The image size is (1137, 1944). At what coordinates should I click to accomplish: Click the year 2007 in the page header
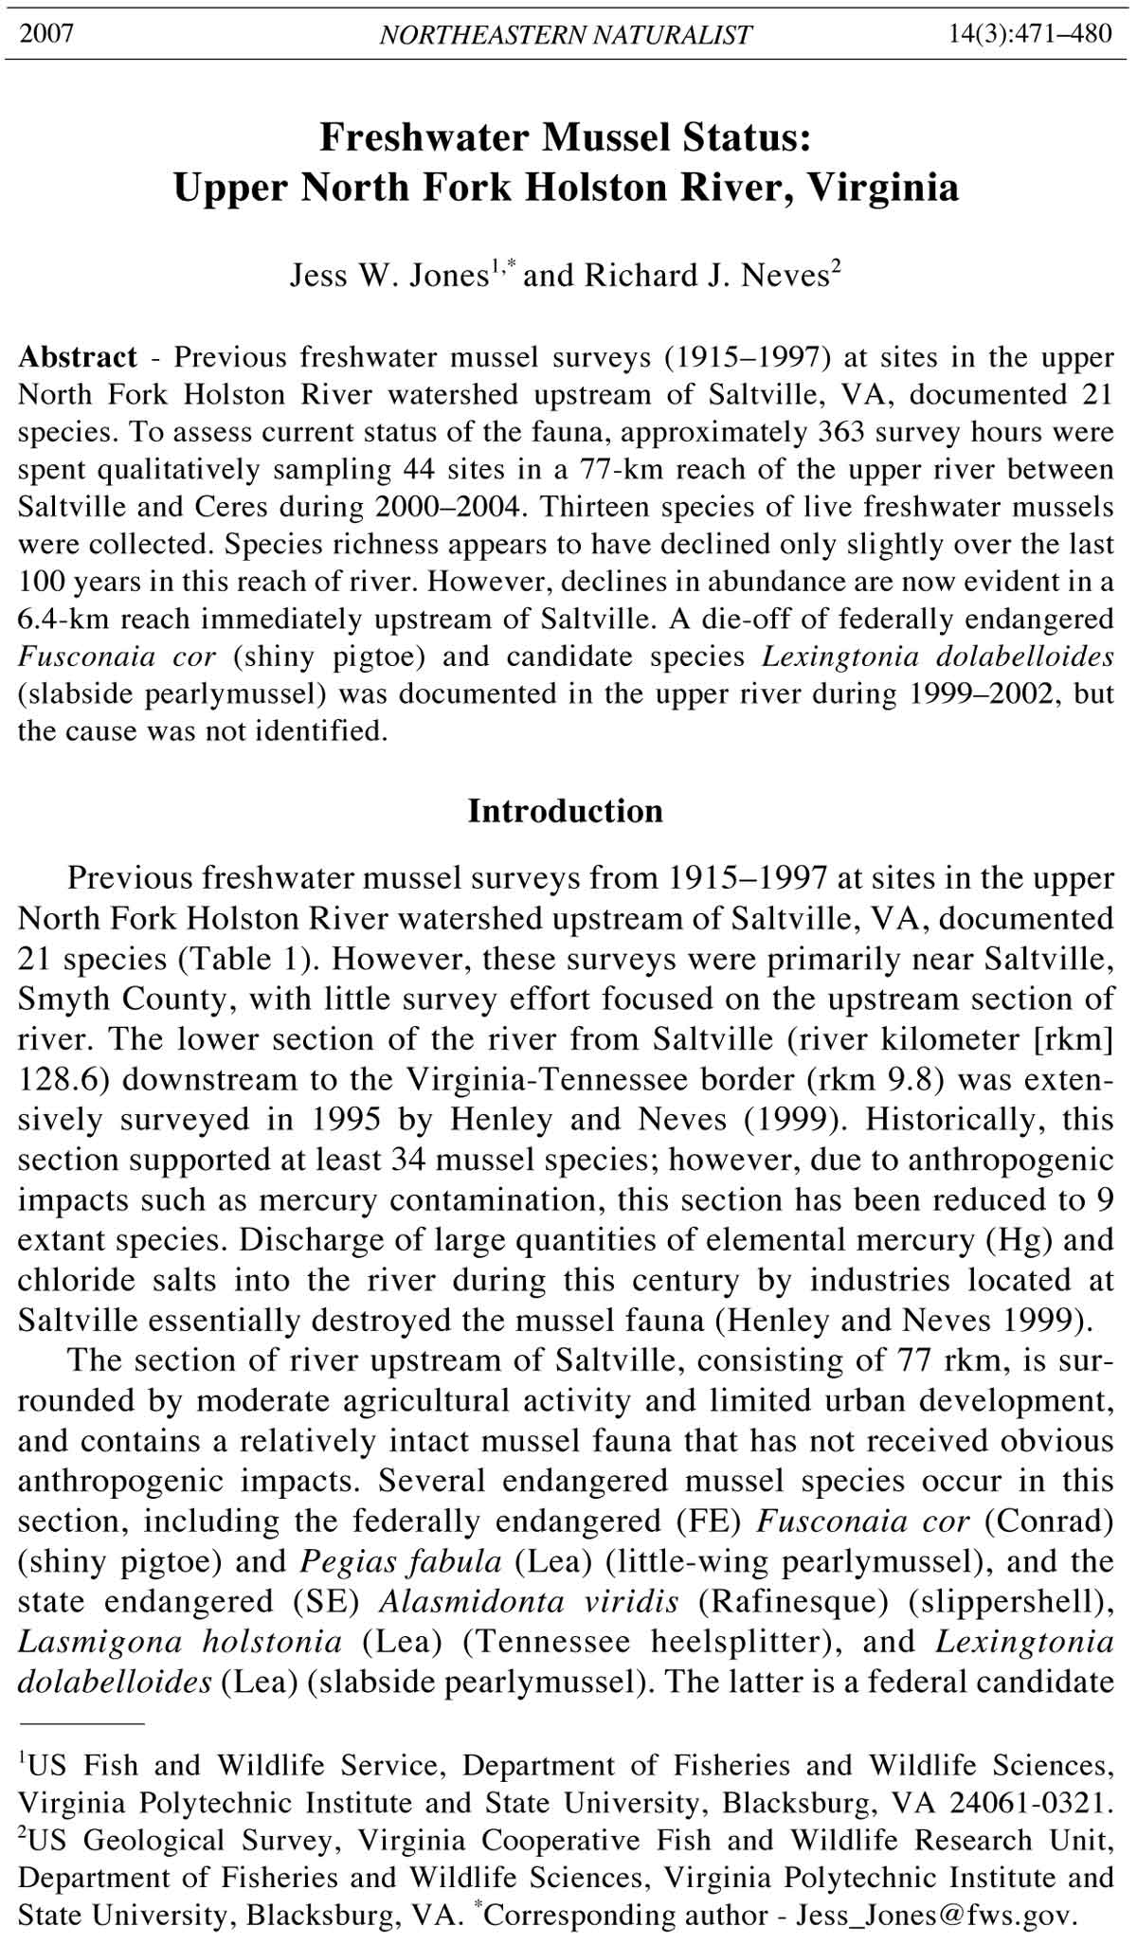click(46, 35)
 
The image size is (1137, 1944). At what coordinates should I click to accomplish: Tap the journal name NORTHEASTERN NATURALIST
click(566, 36)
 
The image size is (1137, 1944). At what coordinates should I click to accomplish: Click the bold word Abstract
click(78, 357)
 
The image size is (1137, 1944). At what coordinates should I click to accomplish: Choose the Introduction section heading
click(566, 811)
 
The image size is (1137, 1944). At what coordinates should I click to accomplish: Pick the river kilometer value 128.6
click(56, 1079)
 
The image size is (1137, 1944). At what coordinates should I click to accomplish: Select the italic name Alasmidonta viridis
click(529, 1601)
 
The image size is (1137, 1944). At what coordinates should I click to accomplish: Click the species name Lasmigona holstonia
click(180, 1641)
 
